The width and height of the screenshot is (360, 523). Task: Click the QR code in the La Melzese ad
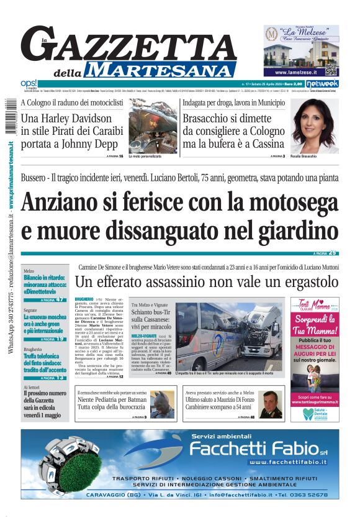[330, 69]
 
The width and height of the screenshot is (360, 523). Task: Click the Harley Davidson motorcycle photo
[153, 126]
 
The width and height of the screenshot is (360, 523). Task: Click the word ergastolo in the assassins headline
[296, 282]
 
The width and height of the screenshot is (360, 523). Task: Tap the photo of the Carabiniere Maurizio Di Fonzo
[271, 403]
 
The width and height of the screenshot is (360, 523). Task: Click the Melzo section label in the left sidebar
[29, 271]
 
